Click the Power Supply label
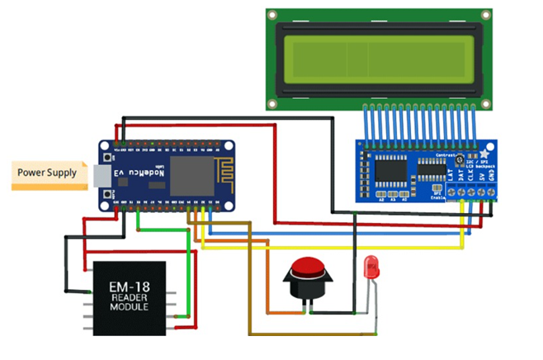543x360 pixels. click(47, 173)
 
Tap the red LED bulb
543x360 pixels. click(371, 266)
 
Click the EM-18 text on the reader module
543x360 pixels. click(128, 287)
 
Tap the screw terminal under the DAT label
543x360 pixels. click(460, 192)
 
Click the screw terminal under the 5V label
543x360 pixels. click(483, 192)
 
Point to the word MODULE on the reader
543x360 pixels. click(128, 306)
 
